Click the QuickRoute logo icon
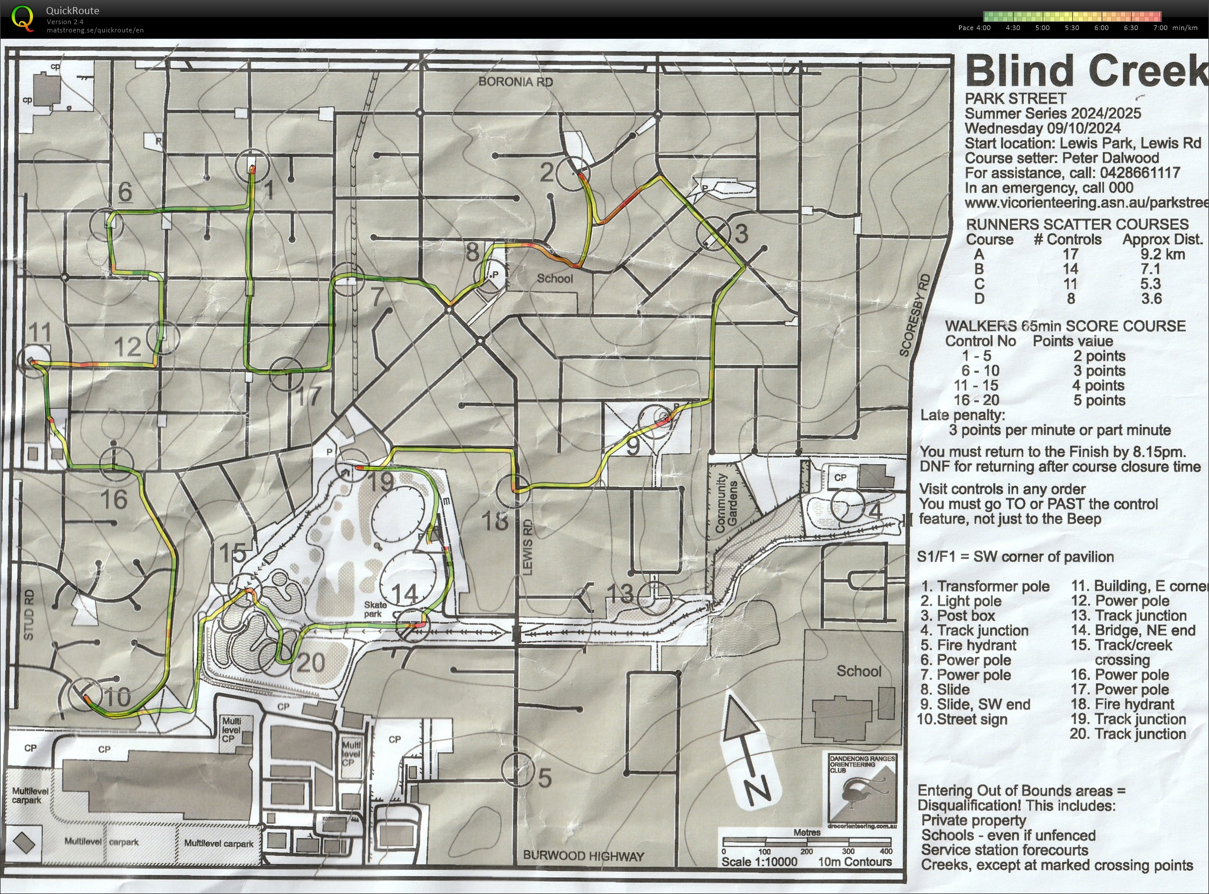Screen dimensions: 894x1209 pos(22,17)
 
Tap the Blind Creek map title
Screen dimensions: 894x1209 pos(1086,71)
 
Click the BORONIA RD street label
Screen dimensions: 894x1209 pos(515,82)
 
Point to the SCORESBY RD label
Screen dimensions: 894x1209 pos(915,315)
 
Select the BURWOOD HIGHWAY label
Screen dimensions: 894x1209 pos(583,856)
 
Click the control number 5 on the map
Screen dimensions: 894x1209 pos(545,778)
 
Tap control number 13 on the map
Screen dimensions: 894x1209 pos(619,593)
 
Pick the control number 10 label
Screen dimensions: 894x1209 pos(117,698)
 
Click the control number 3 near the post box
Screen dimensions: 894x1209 pos(741,234)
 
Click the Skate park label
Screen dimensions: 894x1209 pos(375,609)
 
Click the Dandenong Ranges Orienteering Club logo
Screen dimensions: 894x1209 pos(862,790)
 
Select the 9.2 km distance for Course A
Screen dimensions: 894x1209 pos(1162,254)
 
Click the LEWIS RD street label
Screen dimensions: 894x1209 pos(527,547)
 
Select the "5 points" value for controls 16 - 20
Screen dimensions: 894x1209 pos(1098,400)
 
